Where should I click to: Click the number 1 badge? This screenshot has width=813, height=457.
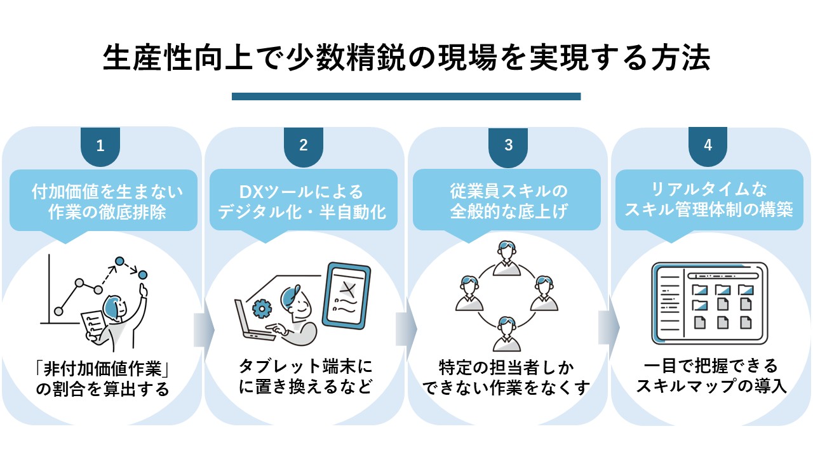tap(100, 146)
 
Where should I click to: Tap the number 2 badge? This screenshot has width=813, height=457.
tap(304, 146)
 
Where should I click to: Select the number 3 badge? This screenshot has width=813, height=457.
tap(508, 146)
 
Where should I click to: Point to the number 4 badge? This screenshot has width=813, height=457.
tap(708, 146)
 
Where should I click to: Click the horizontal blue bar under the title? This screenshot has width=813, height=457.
tap(406, 96)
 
